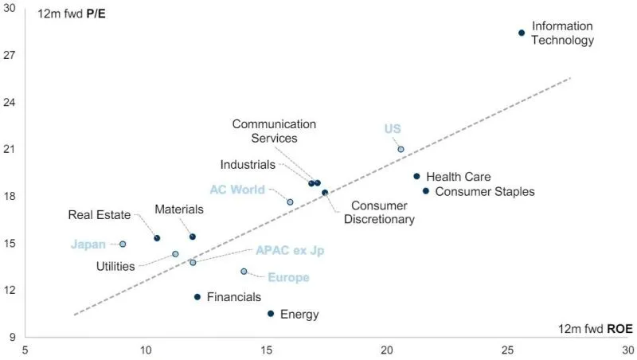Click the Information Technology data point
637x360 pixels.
(522, 33)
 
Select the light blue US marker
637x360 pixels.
(401, 149)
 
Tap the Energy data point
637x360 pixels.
(271, 314)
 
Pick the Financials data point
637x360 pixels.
(197, 297)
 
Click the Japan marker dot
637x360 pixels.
(123, 244)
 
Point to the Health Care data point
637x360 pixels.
(416, 176)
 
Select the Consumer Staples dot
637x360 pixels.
(426, 191)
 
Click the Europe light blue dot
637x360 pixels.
(244, 272)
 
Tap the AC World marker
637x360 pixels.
(290, 202)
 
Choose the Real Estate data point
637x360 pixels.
(157, 238)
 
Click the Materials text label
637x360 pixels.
(179, 209)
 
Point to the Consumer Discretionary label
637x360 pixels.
(379, 213)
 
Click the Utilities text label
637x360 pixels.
(115, 266)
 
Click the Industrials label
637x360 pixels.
(248, 165)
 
